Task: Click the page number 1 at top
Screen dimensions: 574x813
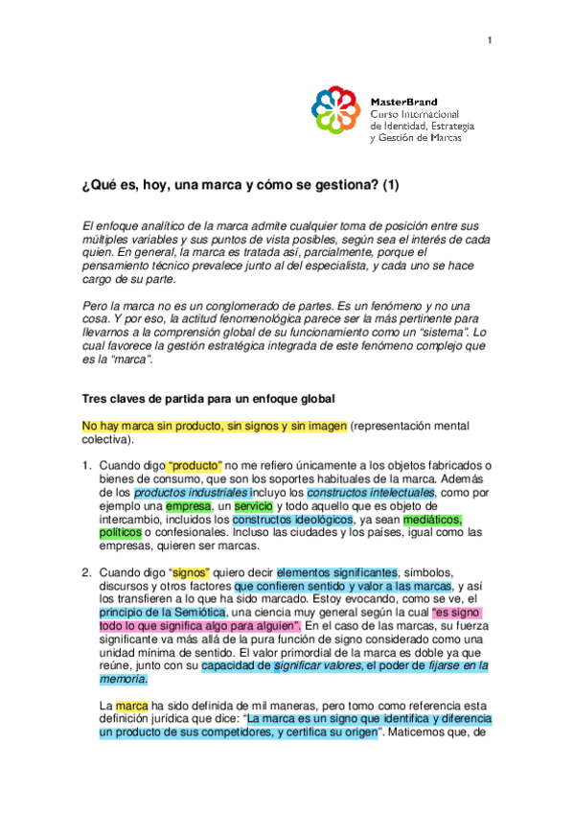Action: click(x=490, y=39)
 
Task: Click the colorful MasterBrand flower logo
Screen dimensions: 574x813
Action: click(x=337, y=112)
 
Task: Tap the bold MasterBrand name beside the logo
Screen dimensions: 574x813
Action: click(x=403, y=101)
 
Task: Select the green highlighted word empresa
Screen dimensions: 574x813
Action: click(x=188, y=506)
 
